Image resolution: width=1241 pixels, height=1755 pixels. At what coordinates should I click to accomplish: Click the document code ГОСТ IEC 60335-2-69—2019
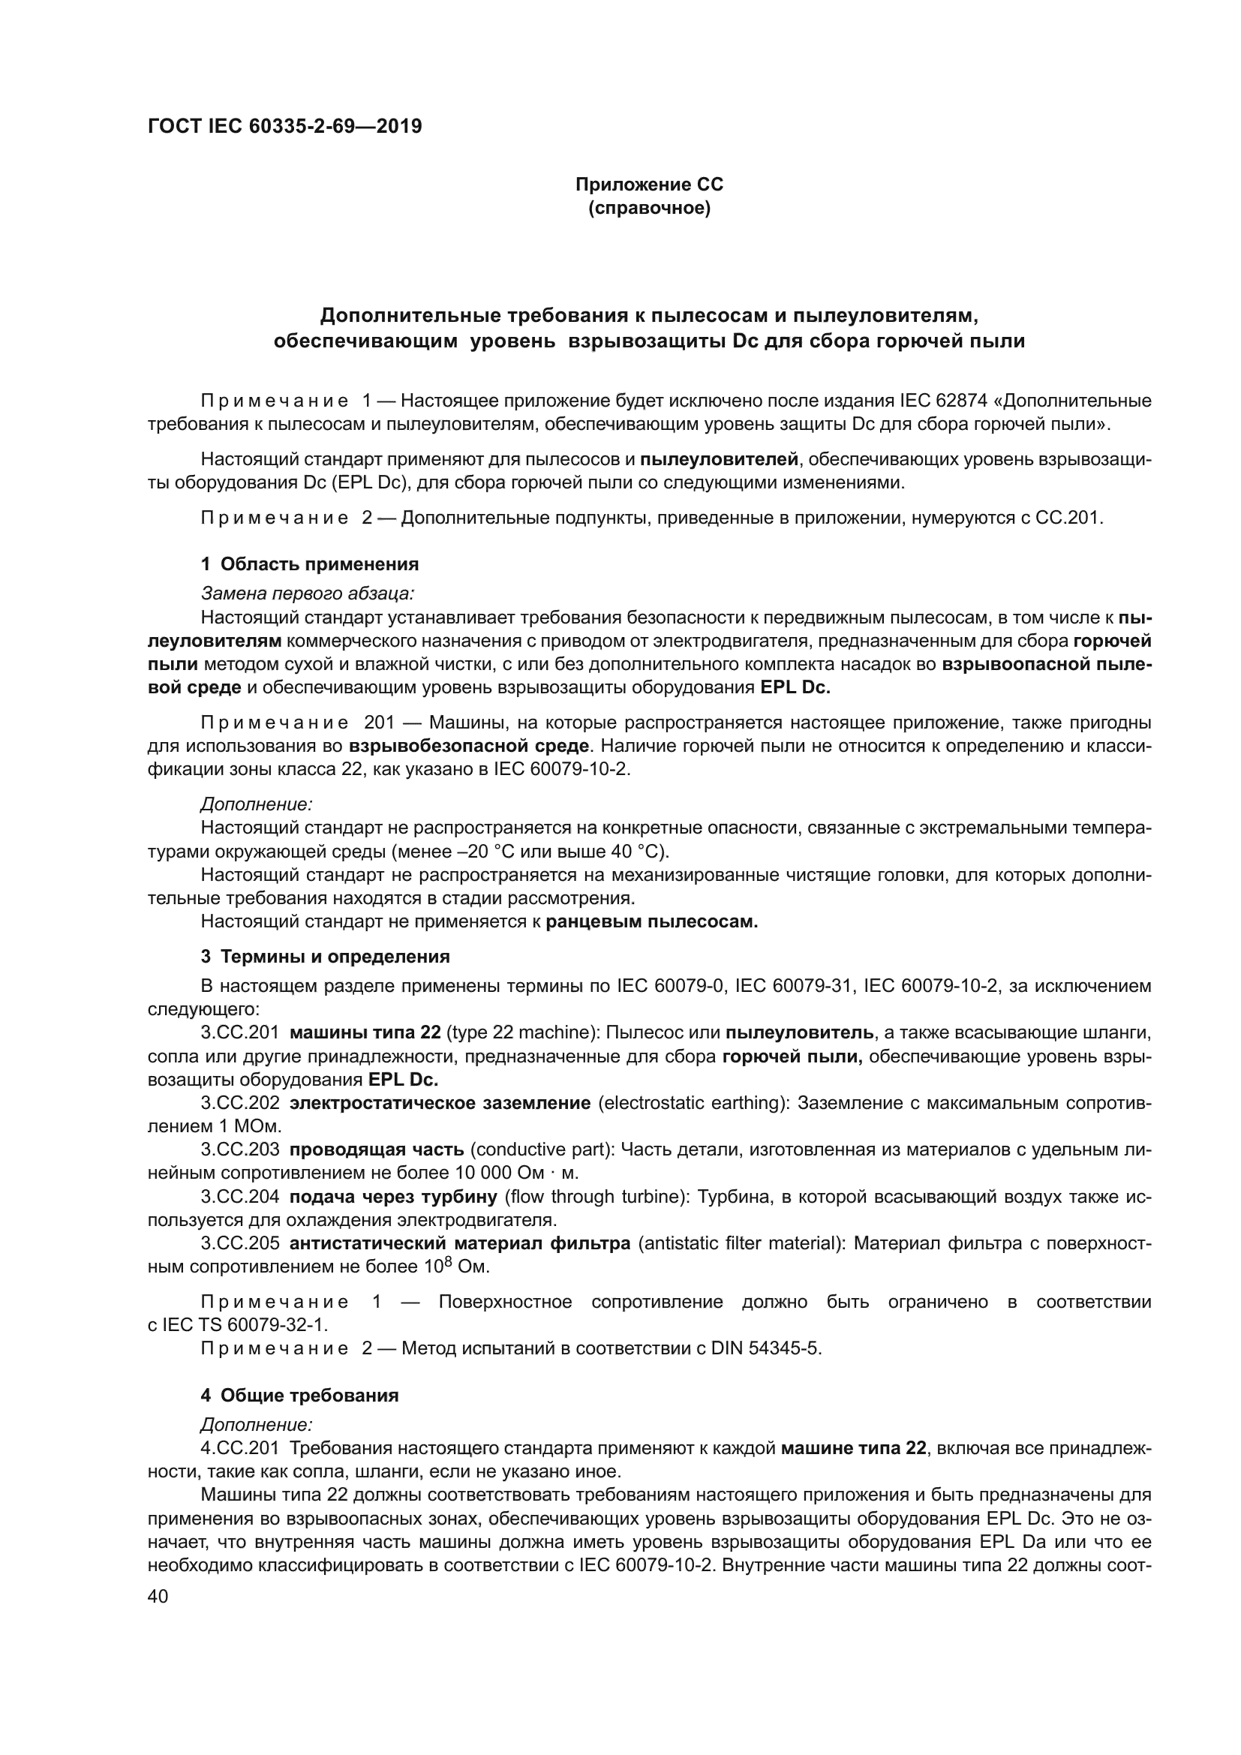point(284,127)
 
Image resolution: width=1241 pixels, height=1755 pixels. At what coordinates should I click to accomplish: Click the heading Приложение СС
point(649,185)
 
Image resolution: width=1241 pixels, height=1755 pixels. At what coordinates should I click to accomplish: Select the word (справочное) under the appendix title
point(649,208)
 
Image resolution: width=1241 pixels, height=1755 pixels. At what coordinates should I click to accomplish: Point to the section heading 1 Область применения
point(309,564)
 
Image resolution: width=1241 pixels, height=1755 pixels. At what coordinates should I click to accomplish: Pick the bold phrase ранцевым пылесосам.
point(652,922)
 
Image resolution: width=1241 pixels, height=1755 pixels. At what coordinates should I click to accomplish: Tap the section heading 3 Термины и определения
point(325,957)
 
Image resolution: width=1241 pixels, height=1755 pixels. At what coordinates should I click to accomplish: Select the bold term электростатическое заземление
point(440,1103)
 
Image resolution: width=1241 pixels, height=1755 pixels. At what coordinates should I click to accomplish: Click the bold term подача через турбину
point(394,1196)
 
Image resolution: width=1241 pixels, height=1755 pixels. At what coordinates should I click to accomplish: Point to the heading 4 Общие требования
point(299,1396)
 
